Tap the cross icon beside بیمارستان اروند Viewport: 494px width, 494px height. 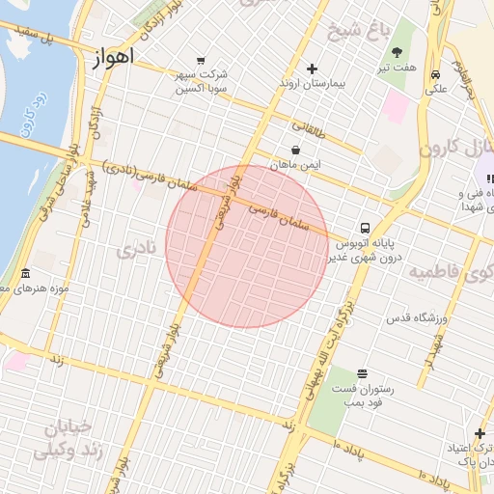click(311, 69)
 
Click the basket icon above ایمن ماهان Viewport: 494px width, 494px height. click(294, 150)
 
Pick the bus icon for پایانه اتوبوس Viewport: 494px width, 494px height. click(364, 229)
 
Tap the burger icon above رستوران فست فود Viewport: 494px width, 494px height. click(362, 373)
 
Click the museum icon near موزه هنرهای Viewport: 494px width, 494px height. click(25, 273)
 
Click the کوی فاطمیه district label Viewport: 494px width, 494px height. click(449, 272)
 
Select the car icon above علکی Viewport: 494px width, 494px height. click(436, 74)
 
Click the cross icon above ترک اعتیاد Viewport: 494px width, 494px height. click(480, 434)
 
